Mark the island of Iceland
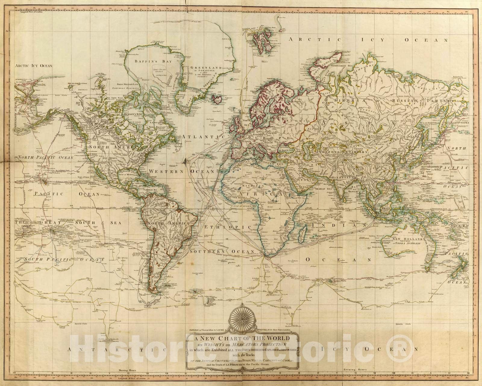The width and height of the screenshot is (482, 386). point(217,98)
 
